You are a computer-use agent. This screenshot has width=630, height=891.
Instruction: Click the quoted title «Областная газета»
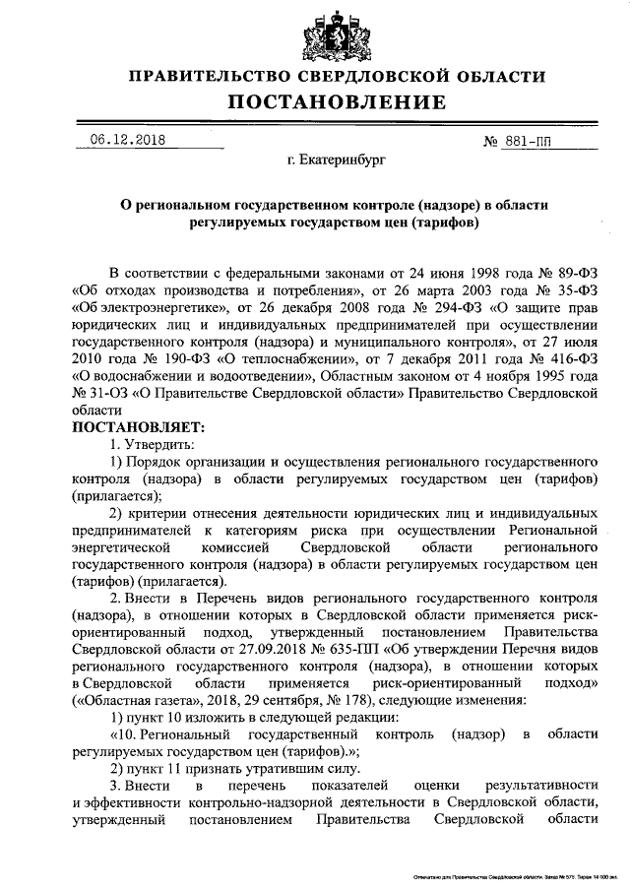pos(121,700)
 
